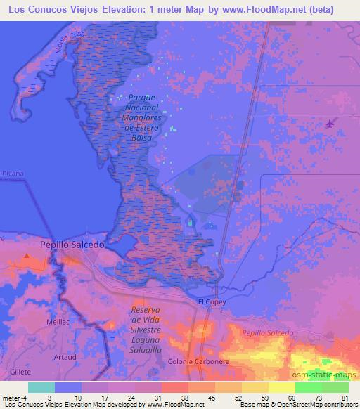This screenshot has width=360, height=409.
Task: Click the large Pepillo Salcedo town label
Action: pyautogui.click(x=70, y=245)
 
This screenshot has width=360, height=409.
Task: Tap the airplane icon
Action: pyautogui.click(x=330, y=124)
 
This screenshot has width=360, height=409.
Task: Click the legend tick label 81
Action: pyautogui.click(x=345, y=397)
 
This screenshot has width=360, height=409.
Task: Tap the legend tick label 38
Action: pyautogui.click(x=173, y=397)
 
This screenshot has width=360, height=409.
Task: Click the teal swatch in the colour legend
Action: pyautogui.click(x=41, y=387)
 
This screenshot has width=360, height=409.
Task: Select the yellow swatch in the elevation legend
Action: pyautogui.click(x=271, y=387)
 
